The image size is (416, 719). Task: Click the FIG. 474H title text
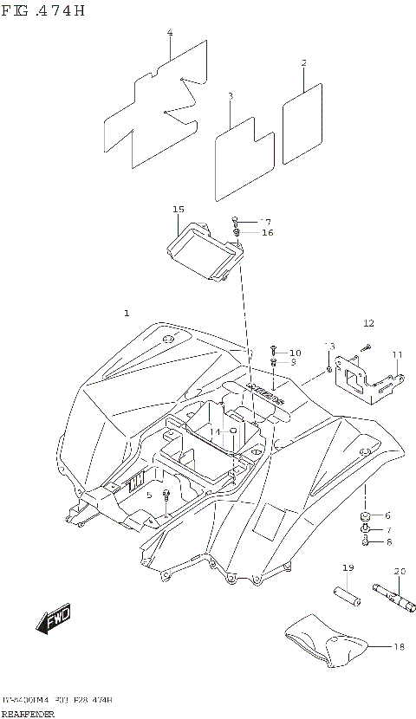pos(44,11)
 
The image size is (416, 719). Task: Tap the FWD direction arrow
pos(54,619)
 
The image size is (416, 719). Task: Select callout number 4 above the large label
pos(170,33)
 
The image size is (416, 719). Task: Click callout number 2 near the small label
pos(303,63)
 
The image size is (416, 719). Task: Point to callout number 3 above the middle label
pos(231,96)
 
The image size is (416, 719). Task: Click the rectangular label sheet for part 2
pos(302,123)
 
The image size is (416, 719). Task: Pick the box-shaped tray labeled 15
pos(205,250)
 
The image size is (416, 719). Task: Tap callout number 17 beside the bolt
pos(265,221)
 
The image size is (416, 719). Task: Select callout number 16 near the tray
pos(267,233)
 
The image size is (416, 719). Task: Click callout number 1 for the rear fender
pos(127,312)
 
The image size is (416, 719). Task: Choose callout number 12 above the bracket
pos(368,323)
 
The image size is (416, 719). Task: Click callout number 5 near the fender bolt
pos(149,495)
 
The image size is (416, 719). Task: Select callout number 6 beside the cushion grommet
pos(387,515)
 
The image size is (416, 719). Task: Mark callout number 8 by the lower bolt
pos(387,542)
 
